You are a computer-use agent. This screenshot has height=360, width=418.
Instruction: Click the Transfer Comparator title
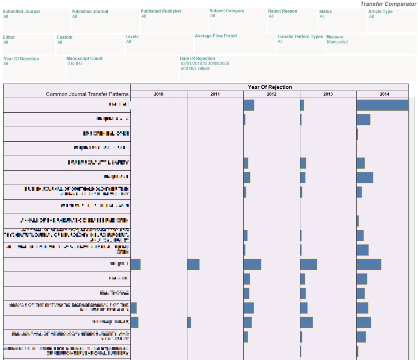pyautogui.click(x=388, y=4)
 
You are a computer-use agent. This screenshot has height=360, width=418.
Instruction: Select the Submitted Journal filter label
pyautogui.click(x=21, y=11)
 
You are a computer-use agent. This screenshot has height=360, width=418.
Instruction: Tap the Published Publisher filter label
pyautogui.click(x=161, y=11)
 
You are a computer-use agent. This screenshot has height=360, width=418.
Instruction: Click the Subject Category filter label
pyautogui.click(x=227, y=11)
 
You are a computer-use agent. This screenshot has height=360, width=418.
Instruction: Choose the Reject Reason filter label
pyautogui.click(x=282, y=11)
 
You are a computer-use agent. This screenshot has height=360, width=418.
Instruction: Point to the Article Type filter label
pyautogui.click(x=380, y=11)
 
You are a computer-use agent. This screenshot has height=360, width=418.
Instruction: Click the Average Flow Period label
pyautogui.click(x=216, y=36)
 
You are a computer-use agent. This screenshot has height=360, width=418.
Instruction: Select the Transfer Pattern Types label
pyautogui.click(x=300, y=37)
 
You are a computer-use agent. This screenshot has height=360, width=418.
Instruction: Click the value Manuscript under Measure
pyautogui.click(x=337, y=42)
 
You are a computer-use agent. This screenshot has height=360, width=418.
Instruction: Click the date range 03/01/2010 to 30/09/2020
pyautogui.click(x=205, y=64)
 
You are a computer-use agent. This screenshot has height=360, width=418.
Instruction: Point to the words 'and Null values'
pyautogui.click(x=195, y=69)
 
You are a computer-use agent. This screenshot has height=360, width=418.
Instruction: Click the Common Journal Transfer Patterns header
pyautogui.click(x=87, y=94)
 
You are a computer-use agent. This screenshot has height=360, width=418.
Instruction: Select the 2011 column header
pyautogui.click(x=215, y=94)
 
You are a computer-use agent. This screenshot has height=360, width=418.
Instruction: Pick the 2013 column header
pyautogui.click(x=328, y=94)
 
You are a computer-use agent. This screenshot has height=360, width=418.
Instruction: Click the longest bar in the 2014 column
pyautogui.click(x=382, y=105)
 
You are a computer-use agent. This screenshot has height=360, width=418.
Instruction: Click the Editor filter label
pyautogui.click(x=9, y=37)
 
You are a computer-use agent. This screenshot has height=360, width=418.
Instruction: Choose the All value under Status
pyautogui.click(x=322, y=17)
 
